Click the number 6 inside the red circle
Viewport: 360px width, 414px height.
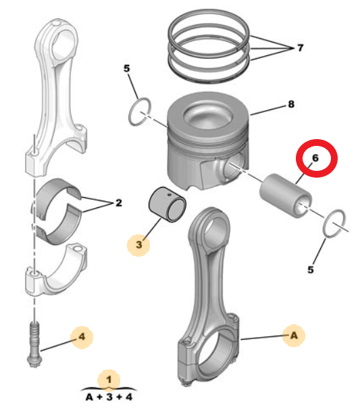315,159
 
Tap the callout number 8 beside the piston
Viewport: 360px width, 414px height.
291,105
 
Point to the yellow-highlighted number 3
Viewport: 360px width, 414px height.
138,245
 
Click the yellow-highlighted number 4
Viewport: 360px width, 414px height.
82,335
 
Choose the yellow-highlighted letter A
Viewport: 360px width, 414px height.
293,335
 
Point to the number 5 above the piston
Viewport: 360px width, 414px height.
126,69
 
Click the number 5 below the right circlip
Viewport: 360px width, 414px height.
311,269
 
